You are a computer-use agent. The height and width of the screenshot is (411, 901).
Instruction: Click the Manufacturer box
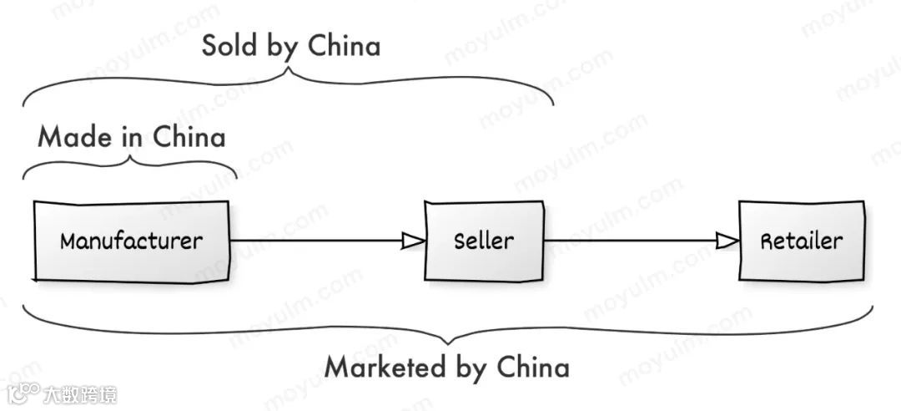pyautogui.click(x=131, y=241)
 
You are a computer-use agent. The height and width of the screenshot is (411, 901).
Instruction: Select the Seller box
pyautogui.click(x=484, y=241)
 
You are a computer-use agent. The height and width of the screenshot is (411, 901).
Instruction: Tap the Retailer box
pyautogui.click(x=801, y=241)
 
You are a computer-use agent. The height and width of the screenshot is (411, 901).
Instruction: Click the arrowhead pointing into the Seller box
pyautogui.click(x=413, y=241)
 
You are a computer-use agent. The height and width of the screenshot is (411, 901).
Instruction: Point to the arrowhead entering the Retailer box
pyautogui.click(x=727, y=241)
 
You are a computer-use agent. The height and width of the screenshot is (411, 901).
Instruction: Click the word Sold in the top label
pyautogui.click(x=229, y=46)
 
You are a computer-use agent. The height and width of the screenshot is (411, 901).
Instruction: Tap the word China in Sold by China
pyautogui.click(x=345, y=46)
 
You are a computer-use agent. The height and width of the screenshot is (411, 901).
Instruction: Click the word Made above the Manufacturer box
pyautogui.click(x=75, y=137)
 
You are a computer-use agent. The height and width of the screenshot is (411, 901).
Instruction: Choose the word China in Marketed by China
pyautogui.click(x=533, y=367)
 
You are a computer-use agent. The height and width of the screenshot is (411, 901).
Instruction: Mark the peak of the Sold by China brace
pyautogui.click(x=289, y=70)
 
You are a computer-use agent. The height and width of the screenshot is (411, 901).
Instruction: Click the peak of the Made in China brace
pyautogui.click(x=130, y=160)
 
